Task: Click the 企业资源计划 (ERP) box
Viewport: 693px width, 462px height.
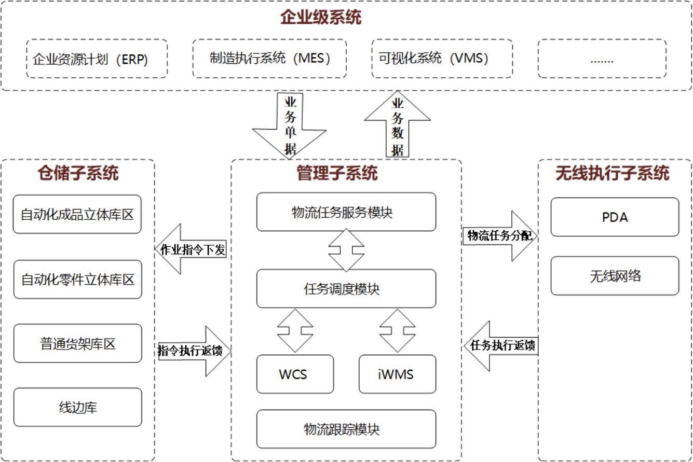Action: (97, 59)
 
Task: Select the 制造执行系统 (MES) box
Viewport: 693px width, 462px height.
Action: (269, 58)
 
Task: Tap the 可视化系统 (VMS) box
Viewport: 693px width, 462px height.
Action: (442, 58)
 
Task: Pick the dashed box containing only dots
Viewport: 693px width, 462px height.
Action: (602, 59)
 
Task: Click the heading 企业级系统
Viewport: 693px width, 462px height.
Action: (320, 18)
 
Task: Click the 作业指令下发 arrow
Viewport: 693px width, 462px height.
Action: (191, 249)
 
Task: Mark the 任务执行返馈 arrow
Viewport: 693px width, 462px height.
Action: (502, 345)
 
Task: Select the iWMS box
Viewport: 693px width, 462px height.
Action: (397, 374)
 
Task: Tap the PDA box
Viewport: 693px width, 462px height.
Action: (615, 217)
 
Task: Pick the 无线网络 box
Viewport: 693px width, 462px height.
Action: (615, 276)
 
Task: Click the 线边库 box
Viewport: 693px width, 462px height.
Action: (77, 407)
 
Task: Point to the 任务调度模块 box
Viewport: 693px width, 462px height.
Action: (346, 288)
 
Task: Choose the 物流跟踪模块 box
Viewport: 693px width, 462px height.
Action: (346, 429)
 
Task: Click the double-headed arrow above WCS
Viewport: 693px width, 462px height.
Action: (295, 331)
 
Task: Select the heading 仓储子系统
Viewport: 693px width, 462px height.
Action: (78, 173)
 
